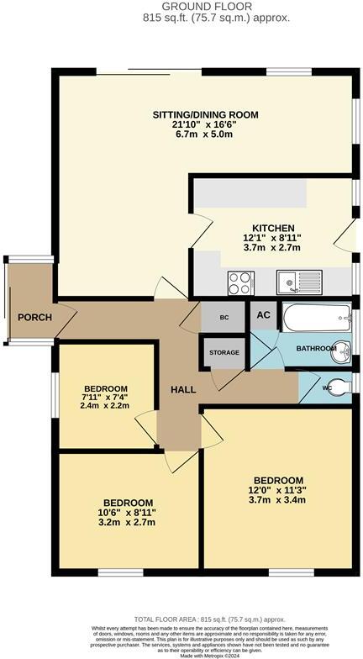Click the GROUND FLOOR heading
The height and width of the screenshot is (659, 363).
(x=181, y=6)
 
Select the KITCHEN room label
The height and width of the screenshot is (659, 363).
(x=273, y=228)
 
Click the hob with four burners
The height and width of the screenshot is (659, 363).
(x=239, y=281)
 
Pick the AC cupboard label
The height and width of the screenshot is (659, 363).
(x=263, y=315)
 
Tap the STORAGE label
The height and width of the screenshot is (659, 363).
(x=224, y=352)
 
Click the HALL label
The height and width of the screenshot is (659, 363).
(x=184, y=390)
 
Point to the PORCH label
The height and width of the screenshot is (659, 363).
(x=34, y=317)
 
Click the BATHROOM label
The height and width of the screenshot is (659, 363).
(x=315, y=348)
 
